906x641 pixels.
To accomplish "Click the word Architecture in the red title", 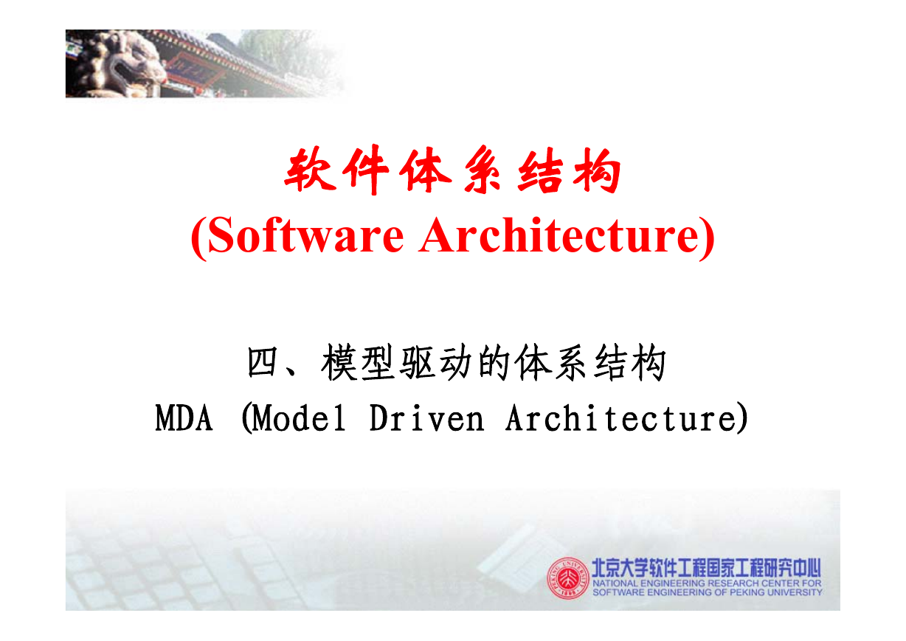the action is tap(560, 235).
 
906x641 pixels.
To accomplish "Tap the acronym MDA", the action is tap(184, 418).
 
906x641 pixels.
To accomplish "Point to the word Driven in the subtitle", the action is tap(427, 418).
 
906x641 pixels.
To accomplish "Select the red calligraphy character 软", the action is tap(311, 169).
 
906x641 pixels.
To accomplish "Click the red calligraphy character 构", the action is tap(596, 170).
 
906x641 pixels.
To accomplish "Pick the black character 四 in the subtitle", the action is tap(262, 362).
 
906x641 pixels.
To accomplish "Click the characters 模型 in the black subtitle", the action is tap(358, 362).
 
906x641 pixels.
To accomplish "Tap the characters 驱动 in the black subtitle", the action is tap(436, 362).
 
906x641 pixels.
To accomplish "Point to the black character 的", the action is tap(494, 362).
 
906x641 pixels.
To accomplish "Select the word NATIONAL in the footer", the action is tap(615, 583).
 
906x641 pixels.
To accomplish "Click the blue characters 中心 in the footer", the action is tap(807, 568).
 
